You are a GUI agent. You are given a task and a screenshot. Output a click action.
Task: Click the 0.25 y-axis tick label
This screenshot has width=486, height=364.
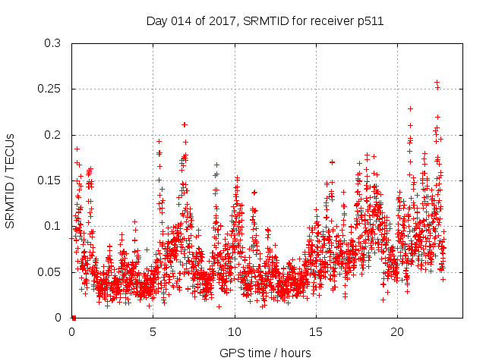[52, 89]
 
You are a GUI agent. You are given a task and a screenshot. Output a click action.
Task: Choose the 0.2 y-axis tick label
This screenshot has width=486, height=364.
[55, 135]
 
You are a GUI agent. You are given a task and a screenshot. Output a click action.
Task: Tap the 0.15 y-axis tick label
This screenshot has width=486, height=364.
[52, 180]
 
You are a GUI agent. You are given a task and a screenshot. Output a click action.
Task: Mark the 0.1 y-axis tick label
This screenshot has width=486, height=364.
[55, 226]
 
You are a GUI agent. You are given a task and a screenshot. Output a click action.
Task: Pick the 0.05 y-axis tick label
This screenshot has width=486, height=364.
[52, 271]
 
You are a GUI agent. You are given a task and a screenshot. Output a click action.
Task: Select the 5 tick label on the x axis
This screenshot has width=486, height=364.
[153, 332]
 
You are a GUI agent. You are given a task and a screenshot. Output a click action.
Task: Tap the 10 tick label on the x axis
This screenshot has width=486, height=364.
[235, 332]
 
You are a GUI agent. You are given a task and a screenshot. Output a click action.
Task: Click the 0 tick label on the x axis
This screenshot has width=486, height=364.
[72, 332]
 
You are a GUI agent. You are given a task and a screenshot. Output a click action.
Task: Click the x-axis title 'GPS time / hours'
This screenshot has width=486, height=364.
[265, 353]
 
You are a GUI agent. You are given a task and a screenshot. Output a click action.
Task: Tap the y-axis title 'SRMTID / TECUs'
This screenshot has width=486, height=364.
[11, 180]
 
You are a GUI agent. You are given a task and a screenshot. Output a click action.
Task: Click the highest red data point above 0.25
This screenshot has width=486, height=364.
[437, 82]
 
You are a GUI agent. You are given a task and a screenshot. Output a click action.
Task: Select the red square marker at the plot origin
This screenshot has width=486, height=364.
[73, 317]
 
